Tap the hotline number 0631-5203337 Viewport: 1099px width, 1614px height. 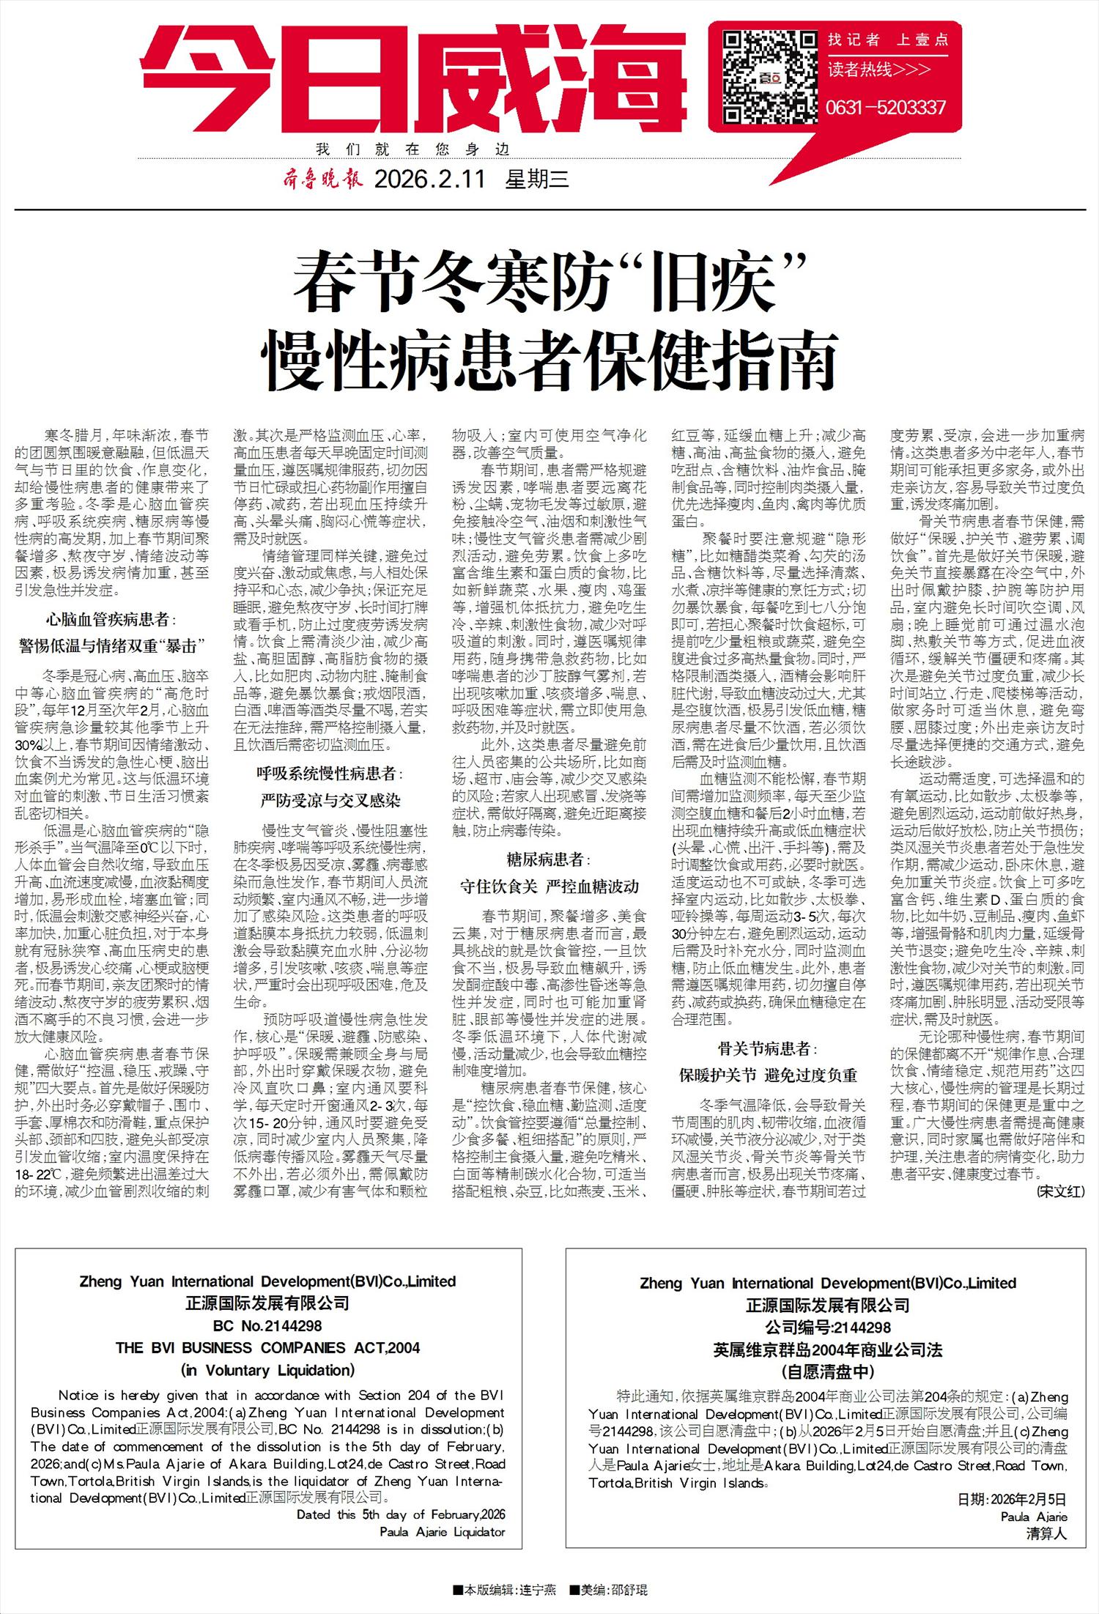[886, 108]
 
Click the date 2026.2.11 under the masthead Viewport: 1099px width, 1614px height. [429, 179]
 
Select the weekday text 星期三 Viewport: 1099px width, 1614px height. [537, 179]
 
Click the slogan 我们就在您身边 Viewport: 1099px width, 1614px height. [412, 149]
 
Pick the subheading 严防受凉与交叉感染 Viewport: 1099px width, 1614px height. [330, 800]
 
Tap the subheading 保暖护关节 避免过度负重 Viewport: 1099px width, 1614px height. [768, 1076]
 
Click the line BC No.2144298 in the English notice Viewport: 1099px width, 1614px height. [267, 1325]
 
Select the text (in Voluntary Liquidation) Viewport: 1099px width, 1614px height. [267, 1370]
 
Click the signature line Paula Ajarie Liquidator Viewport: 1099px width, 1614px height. [442, 1531]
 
